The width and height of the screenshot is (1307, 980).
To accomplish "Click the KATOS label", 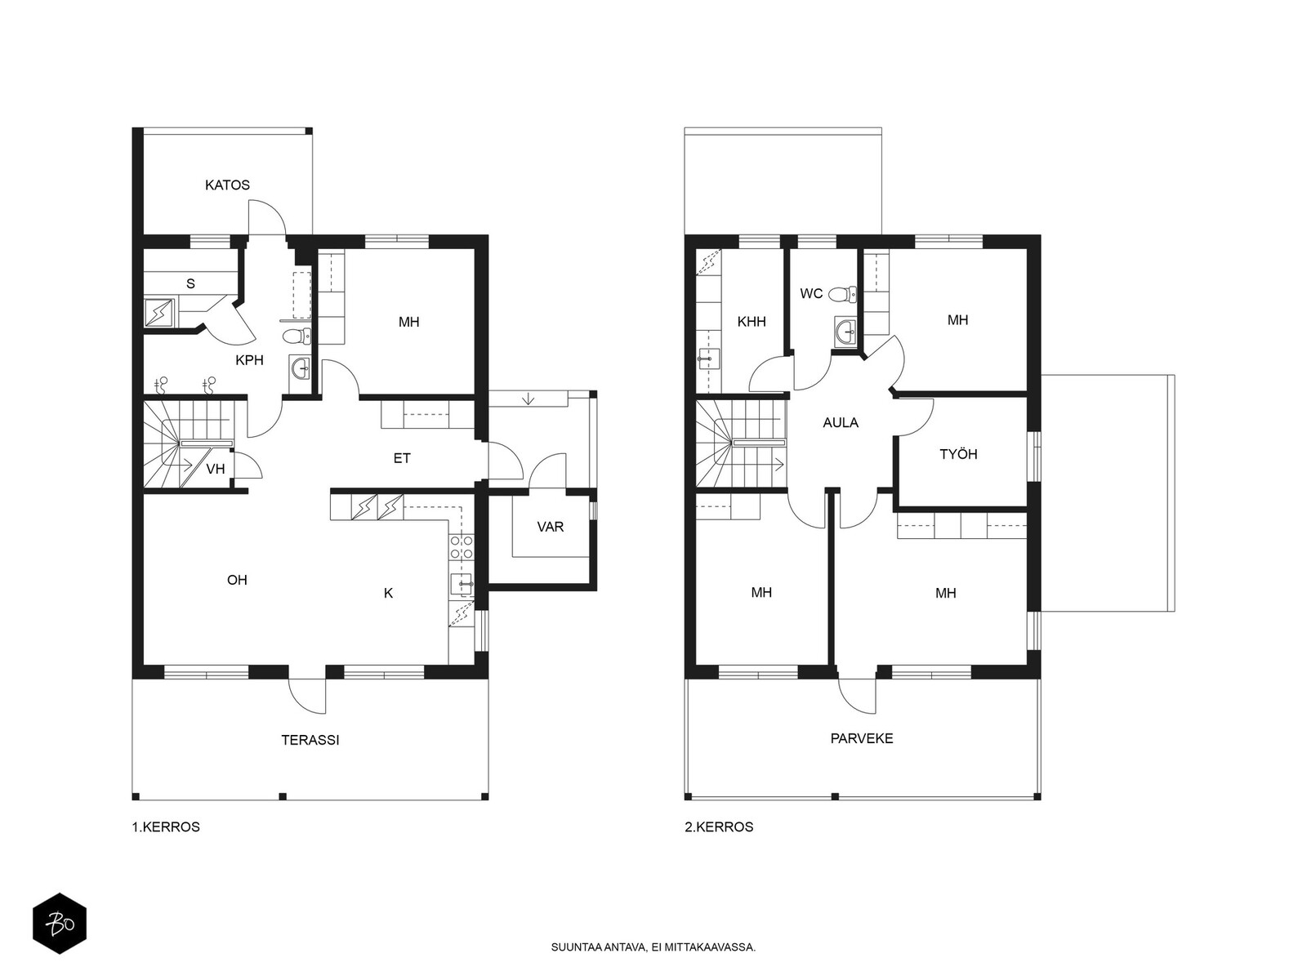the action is click(227, 185).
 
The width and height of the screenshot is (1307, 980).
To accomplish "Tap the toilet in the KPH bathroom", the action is click(297, 336).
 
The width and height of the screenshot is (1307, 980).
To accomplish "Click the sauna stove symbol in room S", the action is click(159, 313).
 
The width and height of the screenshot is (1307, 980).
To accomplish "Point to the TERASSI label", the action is click(310, 740).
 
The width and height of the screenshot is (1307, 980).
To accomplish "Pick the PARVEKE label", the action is click(862, 738).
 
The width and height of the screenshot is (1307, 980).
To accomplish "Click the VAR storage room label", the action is click(551, 527).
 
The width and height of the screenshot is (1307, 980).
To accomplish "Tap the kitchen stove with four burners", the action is click(462, 547).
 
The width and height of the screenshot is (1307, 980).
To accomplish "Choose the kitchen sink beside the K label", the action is click(462, 584).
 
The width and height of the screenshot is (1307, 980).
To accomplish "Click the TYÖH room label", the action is click(958, 454).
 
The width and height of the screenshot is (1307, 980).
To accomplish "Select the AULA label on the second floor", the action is click(841, 423).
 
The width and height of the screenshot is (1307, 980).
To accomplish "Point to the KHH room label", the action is click(752, 322).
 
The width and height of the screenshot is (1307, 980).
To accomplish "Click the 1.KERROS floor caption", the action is click(166, 827).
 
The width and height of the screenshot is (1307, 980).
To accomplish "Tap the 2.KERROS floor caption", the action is click(719, 827).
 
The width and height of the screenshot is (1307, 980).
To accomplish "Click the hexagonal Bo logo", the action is click(60, 924).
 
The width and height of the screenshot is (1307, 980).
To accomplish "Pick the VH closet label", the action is click(216, 469).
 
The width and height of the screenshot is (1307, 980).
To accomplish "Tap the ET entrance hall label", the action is click(402, 458).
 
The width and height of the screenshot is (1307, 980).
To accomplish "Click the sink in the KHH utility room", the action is click(708, 359).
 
